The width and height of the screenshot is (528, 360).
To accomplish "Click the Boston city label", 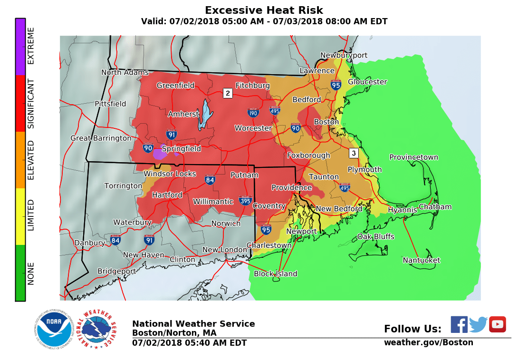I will click(x=326, y=122).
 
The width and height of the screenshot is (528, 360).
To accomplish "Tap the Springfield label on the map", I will click(x=181, y=149).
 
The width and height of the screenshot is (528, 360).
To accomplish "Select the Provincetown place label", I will click(x=413, y=157).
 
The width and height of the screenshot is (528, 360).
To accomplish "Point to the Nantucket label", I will click(x=421, y=260).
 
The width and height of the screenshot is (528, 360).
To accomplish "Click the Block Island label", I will click(x=275, y=274).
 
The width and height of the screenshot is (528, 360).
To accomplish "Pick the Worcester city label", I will click(x=253, y=128).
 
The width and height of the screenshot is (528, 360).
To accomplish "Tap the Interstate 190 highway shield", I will click(x=253, y=113).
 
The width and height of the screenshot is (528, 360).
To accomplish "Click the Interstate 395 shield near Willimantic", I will click(x=246, y=200).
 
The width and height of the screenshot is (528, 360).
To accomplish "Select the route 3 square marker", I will click(x=353, y=153).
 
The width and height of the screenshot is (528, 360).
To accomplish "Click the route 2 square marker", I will click(x=228, y=93).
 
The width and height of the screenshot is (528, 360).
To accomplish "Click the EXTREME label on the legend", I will click(x=31, y=46).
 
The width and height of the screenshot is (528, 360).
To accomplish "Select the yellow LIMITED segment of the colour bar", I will click(x=20, y=216).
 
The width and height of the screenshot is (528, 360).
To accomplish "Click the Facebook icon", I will click(x=459, y=324).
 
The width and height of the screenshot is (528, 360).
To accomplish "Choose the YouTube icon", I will click(x=497, y=324).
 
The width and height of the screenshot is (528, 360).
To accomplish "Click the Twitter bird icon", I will click(x=478, y=324).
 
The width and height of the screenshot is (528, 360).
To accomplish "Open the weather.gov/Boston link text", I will click(x=428, y=342).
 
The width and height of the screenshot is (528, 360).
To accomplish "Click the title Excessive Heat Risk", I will click(x=264, y=10).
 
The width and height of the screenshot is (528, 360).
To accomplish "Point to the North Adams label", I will click(x=125, y=73).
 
